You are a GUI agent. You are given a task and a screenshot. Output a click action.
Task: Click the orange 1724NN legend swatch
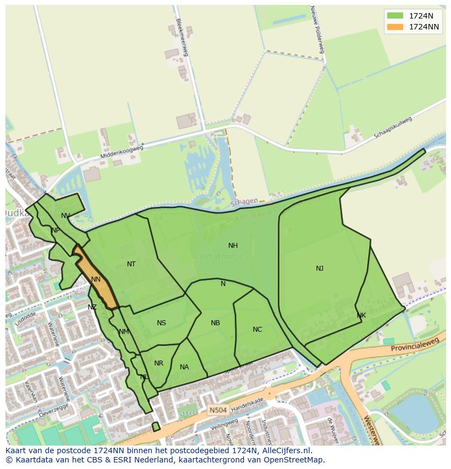(x=395, y=27)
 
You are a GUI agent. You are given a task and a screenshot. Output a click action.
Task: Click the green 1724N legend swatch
(x=395, y=16)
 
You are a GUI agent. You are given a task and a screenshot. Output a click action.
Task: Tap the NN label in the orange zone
(x=96, y=279)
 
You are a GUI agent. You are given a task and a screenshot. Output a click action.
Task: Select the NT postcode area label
(x=131, y=264)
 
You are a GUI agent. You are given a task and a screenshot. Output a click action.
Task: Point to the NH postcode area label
(x=233, y=246)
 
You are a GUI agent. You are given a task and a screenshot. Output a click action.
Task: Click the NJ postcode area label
(x=320, y=268)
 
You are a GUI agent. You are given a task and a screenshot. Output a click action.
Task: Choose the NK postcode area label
(x=361, y=315)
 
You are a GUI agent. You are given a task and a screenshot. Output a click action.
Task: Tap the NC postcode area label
(x=258, y=330)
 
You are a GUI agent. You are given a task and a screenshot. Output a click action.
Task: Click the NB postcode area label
(x=216, y=323)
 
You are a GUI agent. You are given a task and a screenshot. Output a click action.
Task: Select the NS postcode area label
(x=161, y=323)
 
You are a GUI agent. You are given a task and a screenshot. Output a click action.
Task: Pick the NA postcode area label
(x=184, y=367)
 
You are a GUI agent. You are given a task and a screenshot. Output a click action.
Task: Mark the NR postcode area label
(x=159, y=363)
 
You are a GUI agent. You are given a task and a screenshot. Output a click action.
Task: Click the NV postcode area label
(x=66, y=216)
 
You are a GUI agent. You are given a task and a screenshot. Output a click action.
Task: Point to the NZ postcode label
(x=92, y=307)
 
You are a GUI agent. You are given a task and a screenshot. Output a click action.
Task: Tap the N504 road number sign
(x=218, y=408)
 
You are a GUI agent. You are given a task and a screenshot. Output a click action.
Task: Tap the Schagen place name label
(x=244, y=202)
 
